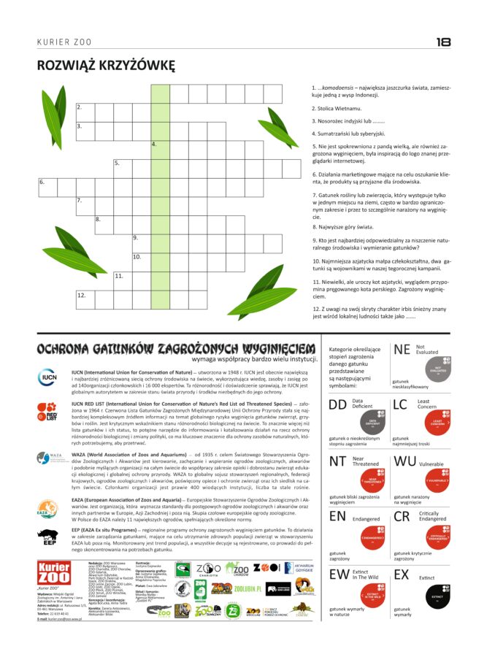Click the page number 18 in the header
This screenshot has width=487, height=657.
(442, 42)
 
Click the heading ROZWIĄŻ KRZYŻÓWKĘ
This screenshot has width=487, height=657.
(107, 66)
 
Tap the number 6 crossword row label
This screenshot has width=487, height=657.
(42, 182)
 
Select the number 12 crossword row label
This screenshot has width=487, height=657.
(81, 296)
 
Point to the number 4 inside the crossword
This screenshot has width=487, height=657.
(154, 145)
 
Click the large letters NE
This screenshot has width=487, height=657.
(402, 350)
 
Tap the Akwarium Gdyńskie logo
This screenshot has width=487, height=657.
(298, 569)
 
